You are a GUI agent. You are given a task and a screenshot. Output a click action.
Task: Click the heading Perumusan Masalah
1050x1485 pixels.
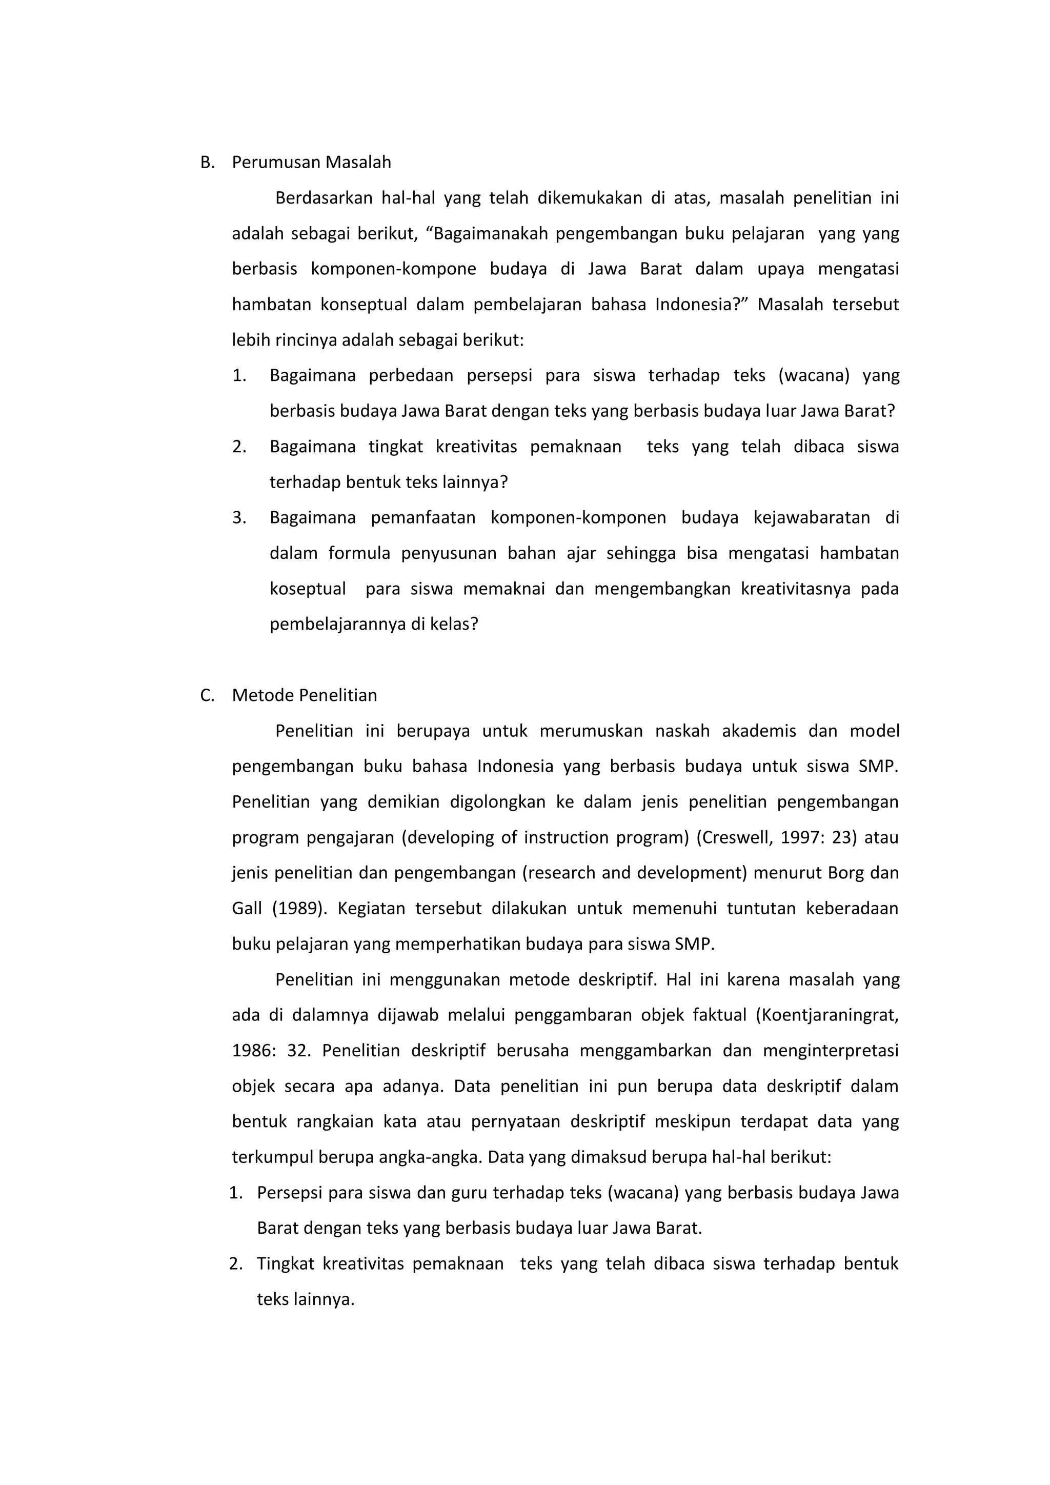pyautogui.click(x=311, y=163)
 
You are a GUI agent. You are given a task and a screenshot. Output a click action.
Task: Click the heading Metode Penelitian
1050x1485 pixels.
pyautogui.click(x=304, y=695)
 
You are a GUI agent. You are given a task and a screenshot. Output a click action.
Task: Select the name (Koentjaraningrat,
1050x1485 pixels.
pyautogui.click(x=827, y=1015)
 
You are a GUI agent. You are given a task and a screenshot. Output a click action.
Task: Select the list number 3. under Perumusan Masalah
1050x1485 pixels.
pyautogui.click(x=239, y=517)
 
